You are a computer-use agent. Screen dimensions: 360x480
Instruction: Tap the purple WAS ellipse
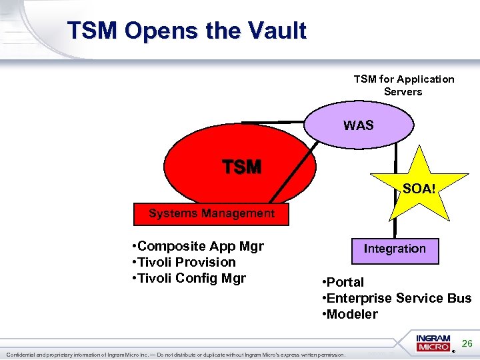tap(359, 125)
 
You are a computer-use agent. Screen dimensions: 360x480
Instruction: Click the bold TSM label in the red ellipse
tap(241, 167)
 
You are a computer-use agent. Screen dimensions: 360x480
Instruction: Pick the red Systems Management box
tap(211, 213)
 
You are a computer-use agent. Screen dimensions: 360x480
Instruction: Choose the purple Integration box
tap(395, 249)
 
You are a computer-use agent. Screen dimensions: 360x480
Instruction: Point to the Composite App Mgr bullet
tap(198, 247)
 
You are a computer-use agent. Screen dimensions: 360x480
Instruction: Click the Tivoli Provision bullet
tap(183, 263)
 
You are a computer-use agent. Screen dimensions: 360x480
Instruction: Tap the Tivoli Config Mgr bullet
tap(189, 279)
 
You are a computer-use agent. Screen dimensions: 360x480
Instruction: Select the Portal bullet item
tap(343, 282)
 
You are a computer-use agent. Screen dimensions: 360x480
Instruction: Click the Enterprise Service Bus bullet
tap(396, 298)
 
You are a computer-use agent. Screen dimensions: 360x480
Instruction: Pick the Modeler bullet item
tap(349, 314)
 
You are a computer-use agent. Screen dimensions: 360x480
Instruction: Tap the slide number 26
tap(467, 343)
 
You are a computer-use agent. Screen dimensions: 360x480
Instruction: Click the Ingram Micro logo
tap(434, 343)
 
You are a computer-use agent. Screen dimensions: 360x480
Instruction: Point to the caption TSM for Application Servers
tap(403, 85)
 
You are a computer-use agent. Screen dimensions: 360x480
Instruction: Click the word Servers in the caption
tap(403, 92)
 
